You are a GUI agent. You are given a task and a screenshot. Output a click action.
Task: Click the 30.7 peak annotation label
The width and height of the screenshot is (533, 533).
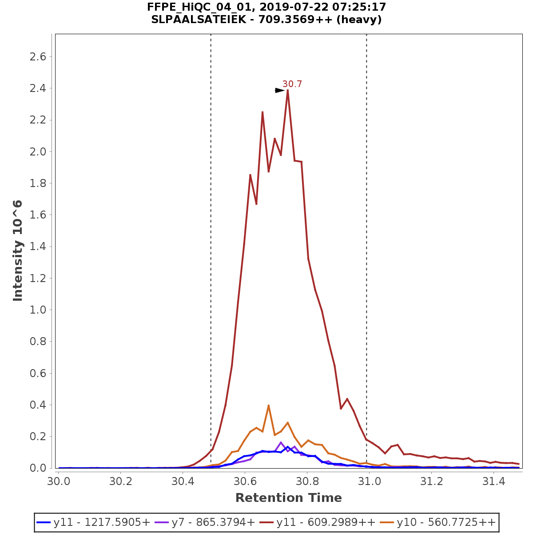click(292, 84)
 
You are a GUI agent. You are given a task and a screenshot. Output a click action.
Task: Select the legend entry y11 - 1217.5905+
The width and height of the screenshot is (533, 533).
click(94, 522)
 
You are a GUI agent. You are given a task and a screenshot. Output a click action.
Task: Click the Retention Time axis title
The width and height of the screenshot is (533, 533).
click(289, 498)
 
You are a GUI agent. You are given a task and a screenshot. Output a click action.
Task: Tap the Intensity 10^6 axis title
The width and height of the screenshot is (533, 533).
click(18, 251)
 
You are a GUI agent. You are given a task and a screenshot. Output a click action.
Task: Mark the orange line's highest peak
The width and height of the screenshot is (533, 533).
click(269, 405)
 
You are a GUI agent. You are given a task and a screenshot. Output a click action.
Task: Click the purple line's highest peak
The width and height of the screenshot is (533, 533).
click(281, 442)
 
